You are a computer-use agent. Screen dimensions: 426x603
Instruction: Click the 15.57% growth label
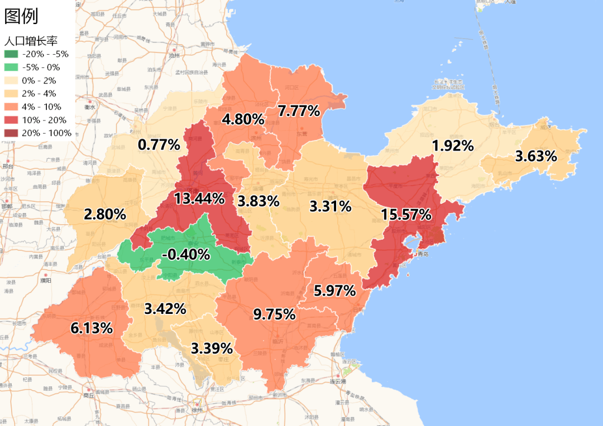(x=406, y=215)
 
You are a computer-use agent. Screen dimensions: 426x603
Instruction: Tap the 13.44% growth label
(x=199, y=199)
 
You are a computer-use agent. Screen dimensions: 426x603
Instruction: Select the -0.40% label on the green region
(x=185, y=255)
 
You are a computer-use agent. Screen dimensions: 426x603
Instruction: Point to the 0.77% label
(x=159, y=145)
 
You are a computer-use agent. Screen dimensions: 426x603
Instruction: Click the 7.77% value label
(x=299, y=111)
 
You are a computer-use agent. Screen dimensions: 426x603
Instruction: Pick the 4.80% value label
(x=243, y=119)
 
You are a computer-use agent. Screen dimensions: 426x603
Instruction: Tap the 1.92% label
(x=453, y=146)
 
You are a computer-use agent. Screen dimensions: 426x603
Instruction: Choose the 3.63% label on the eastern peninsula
(x=536, y=157)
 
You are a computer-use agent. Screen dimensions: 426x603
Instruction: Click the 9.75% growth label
(x=274, y=314)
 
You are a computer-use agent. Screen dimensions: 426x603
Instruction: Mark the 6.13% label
(x=92, y=328)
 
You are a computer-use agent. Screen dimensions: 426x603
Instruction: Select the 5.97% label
(x=334, y=291)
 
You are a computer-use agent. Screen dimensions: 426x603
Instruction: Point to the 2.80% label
(x=104, y=214)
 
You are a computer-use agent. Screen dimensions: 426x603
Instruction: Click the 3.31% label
(x=330, y=207)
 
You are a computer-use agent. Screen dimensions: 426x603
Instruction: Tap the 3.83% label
(x=258, y=200)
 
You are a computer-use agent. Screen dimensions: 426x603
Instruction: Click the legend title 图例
(x=21, y=16)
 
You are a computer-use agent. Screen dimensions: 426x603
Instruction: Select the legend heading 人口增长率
(x=31, y=41)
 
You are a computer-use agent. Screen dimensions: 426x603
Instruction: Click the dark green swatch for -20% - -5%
(x=11, y=54)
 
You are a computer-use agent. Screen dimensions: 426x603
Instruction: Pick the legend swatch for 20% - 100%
(x=11, y=133)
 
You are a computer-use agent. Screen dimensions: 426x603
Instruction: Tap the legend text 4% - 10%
(x=42, y=106)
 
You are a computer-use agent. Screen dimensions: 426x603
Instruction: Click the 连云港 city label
(x=338, y=381)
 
